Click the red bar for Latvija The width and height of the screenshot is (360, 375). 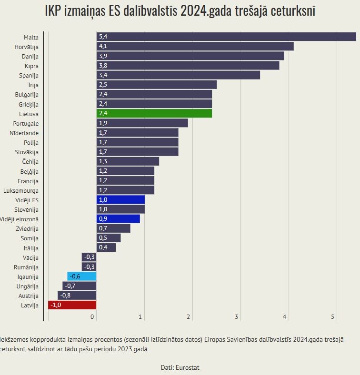click(x=72, y=305)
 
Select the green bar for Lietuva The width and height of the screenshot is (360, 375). click(x=154, y=113)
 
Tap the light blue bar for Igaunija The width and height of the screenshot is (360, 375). click(x=82, y=276)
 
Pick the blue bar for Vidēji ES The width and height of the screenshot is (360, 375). click(x=120, y=199)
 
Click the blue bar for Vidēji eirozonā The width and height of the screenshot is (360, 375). click(x=118, y=219)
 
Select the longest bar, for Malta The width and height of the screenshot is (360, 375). click(x=226, y=37)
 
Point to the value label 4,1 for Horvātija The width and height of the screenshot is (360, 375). click(x=102, y=46)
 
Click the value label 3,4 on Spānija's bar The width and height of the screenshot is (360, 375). click(x=102, y=75)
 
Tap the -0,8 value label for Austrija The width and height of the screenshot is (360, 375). click(x=65, y=296)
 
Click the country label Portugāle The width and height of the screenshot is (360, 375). click(x=26, y=123)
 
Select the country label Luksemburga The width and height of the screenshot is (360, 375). click(x=21, y=190)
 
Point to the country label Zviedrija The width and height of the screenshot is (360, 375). click(x=27, y=228)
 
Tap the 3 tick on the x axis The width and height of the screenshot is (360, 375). click(x=237, y=317)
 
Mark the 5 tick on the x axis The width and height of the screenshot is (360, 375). click(x=333, y=317)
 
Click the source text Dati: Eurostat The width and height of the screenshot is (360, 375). click(x=180, y=367)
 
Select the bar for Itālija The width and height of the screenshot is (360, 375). click(x=106, y=247)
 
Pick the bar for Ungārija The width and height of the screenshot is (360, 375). click(x=80, y=286)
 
